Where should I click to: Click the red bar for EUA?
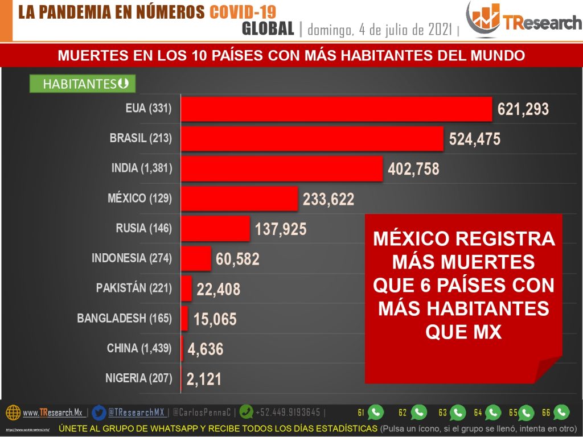pos(336,109)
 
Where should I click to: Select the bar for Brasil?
pos(312,139)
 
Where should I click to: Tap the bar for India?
pos(281,169)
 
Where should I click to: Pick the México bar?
pos(239,199)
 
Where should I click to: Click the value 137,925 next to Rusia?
pos(281,229)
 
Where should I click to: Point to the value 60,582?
pos(237,259)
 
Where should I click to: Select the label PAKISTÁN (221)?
pos(134,288)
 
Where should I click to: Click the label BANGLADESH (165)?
pos(124,318)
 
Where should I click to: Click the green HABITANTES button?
pos(83,84)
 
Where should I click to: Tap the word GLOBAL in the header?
pos(268,28)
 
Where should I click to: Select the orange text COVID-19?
pos(243,13)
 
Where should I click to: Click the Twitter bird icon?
pos(99,412)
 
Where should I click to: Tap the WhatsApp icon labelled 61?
pos(376,412)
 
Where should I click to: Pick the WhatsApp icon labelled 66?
pos(561,412)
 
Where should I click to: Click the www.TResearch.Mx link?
pos(52,413)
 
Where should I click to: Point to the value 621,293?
pos(523,109)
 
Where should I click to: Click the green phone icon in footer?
pos(247,412)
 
